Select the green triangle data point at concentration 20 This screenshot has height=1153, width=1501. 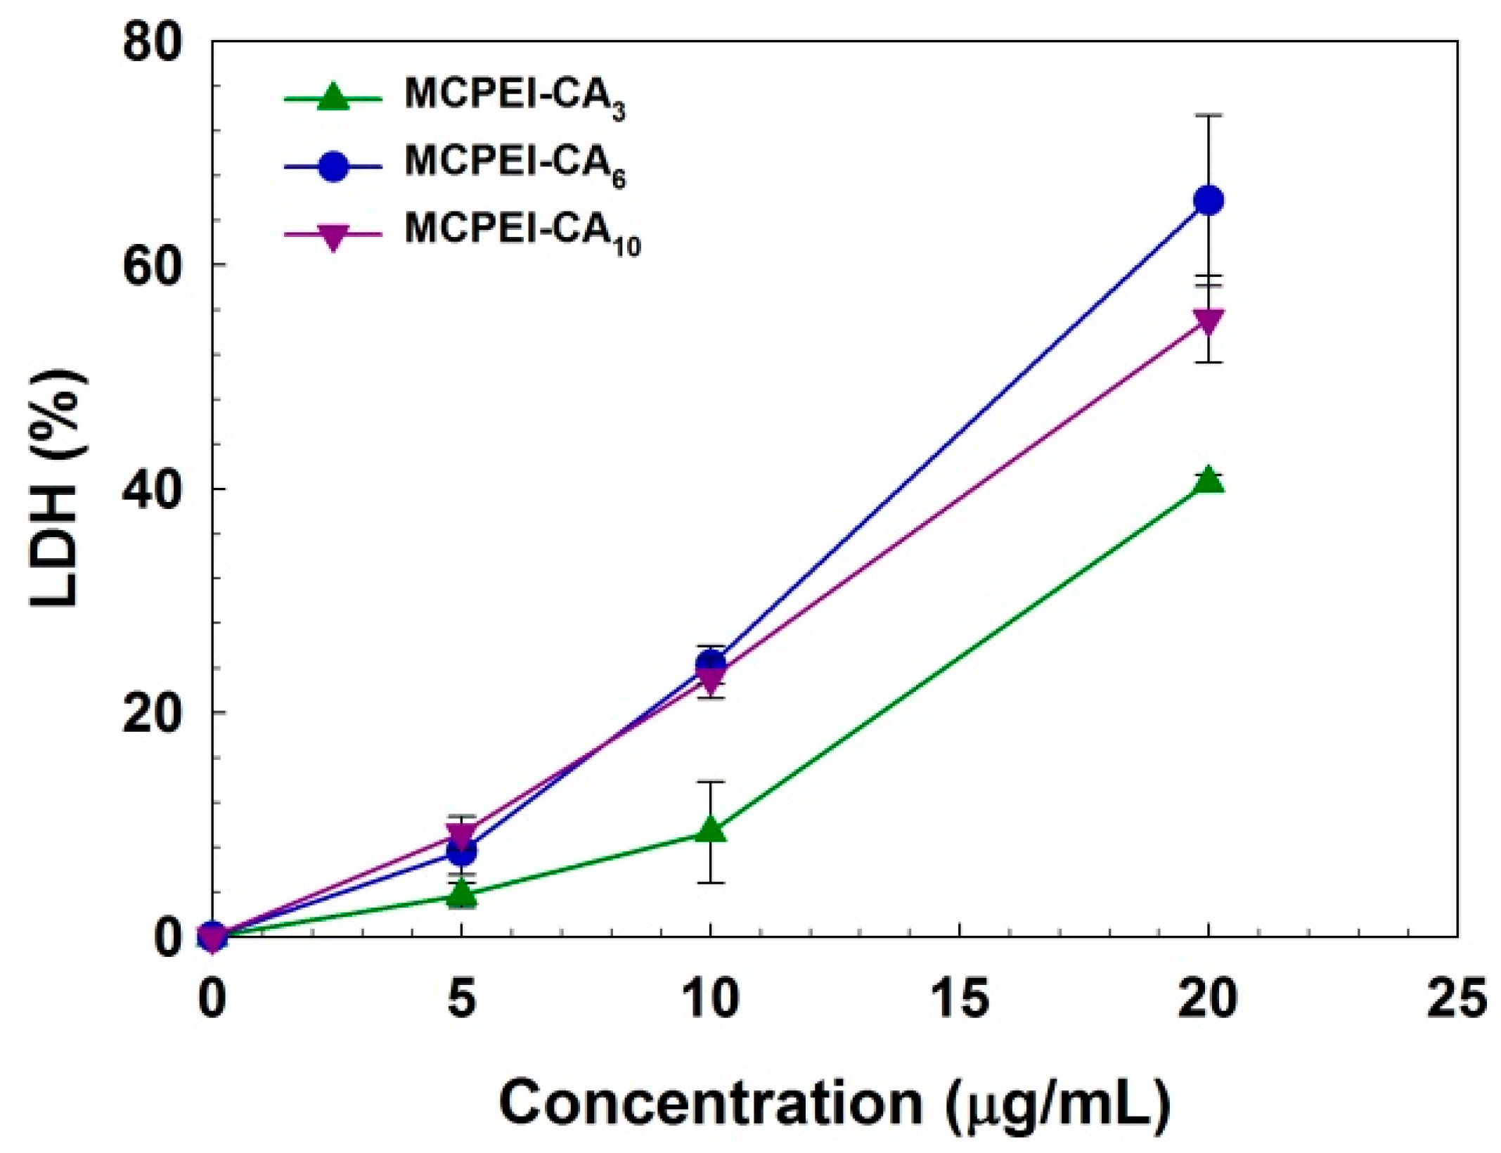click(x=1208, y=481)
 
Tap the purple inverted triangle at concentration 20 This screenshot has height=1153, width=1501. click(x=1208, y=320)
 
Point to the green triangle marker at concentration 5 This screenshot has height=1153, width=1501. click(x=461, y=893)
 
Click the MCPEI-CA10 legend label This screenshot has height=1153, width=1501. click(x=522, y=233)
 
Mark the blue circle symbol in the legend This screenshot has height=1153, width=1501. click(x=333, y=167)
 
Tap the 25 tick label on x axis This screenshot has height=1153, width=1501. click(x=1457, y=999)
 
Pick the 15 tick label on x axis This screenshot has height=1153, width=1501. click(x=959, y=999)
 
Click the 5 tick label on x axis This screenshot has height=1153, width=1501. click(x=461, y=999)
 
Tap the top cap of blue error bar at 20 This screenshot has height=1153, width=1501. click(x=1208, y=115)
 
